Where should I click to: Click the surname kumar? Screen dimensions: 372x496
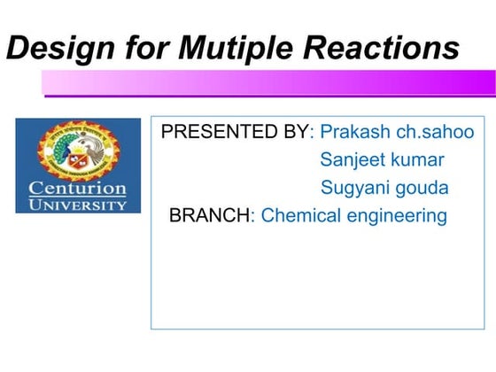point(420,160)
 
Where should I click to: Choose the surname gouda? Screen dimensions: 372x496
point(423,189)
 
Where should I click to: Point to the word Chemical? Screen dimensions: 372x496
point(298,215)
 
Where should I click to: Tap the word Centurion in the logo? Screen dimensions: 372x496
point(78,188)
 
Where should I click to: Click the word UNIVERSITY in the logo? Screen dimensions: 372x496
point(78,205)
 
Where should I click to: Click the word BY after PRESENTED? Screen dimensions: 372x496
point(298,133)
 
